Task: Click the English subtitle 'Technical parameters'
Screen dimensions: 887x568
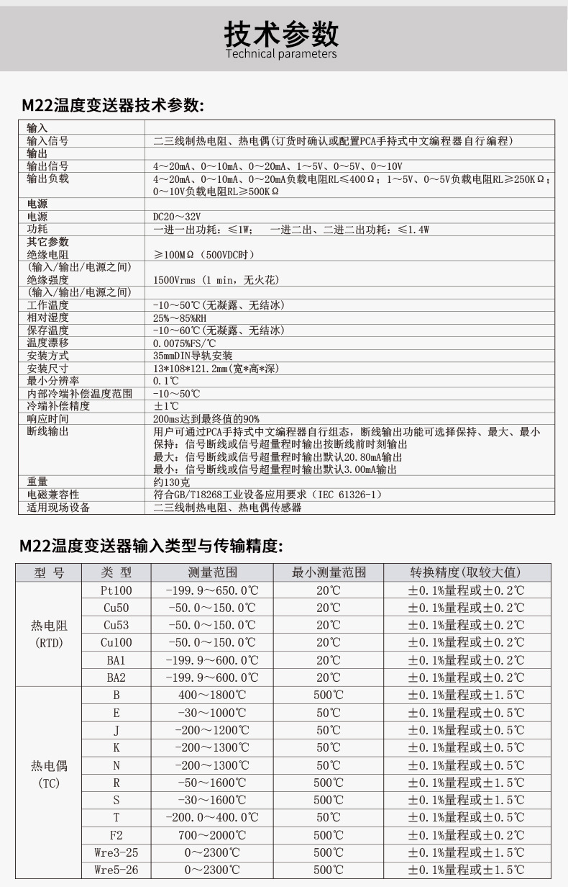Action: click(281, 53)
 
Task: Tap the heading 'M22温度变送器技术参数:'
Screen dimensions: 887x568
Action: click(113, 106)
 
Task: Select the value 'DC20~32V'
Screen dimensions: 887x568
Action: click(177, 217)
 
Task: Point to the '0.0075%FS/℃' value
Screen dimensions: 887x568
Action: click(185, 343)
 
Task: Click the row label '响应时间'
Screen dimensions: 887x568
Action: click(48, 419)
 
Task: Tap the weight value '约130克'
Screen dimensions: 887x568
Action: click(170, 482)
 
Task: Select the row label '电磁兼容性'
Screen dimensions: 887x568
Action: click(53, 495)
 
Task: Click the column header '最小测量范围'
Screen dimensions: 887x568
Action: click(329, 573)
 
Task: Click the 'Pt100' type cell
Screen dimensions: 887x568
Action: click(116, 590)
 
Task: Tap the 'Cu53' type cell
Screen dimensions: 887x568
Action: click(116, 625)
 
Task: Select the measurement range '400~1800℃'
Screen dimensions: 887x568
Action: click(212, 695)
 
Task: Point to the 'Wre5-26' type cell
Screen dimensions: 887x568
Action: click(116, 870)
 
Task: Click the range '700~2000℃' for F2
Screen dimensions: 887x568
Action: click(212, 835)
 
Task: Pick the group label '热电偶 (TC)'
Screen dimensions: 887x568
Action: click(49, 774)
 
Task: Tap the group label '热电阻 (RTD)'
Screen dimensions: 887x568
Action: click(49, 634)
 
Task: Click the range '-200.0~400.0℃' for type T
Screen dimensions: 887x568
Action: click(212, 818)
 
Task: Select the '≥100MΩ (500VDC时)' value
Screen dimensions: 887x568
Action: click(204, 255)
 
